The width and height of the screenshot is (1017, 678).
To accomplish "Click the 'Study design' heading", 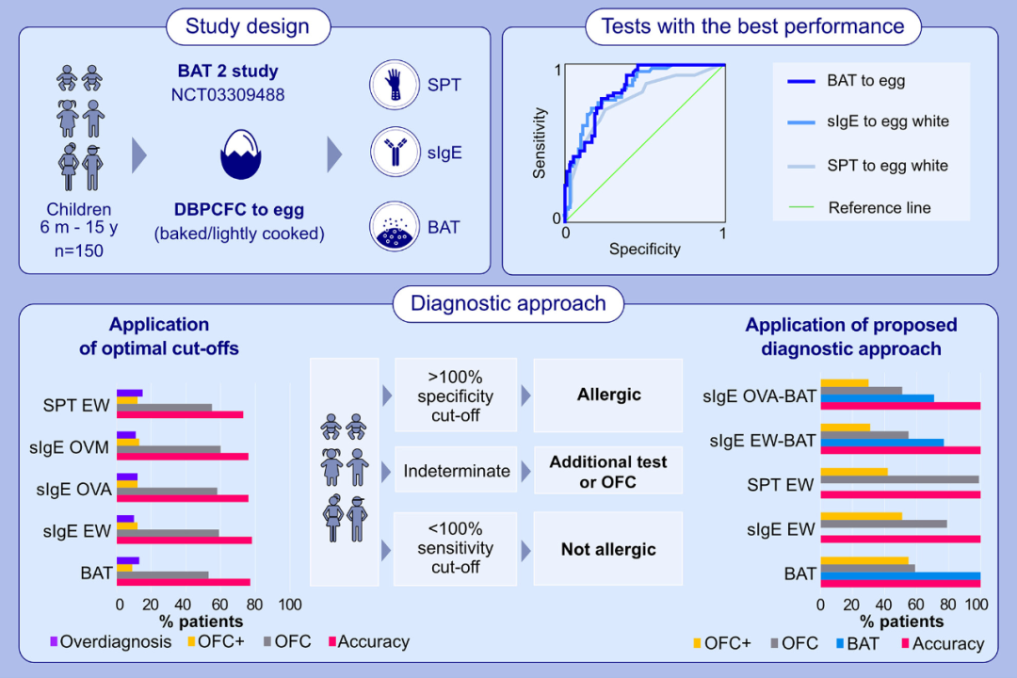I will pos(248,25).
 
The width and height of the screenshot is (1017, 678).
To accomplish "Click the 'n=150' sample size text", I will pos(78,251).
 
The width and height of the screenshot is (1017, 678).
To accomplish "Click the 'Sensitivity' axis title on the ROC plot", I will pos(540,143).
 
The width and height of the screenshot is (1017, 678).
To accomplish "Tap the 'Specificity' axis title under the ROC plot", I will pos(644,250).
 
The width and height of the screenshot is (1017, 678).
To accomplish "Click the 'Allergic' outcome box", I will pos(608,395).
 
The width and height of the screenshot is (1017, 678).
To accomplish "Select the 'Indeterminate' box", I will pos(457,471).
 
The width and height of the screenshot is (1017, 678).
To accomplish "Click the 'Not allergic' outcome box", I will pos(608,549).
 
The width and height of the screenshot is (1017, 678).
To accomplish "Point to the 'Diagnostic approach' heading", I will pos(508,304).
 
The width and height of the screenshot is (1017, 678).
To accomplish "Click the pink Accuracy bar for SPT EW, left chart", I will pos(180,415).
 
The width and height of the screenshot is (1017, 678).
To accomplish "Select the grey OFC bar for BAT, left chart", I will pos(163,574).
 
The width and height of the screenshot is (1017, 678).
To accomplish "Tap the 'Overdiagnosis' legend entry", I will pos(110,642).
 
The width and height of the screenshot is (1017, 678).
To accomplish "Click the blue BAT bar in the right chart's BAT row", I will pos(900,577).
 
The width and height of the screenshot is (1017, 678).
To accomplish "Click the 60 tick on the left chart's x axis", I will pos(220,605).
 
